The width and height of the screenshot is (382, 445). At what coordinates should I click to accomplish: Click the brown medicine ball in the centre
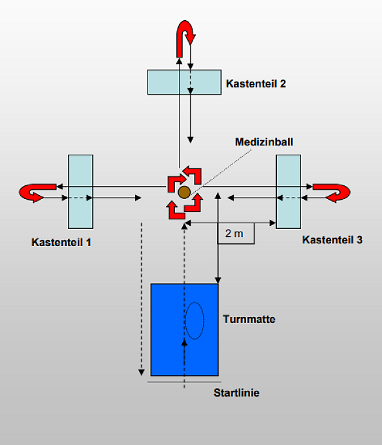tap(184, 192)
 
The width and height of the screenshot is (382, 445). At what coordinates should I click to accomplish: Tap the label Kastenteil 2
tap(256, 84)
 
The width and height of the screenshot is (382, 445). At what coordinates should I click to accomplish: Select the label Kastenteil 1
tap(61, 242)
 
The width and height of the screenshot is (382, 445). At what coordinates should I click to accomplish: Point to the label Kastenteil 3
tap(332, 240)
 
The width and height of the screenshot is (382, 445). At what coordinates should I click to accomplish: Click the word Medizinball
tap(264, 142)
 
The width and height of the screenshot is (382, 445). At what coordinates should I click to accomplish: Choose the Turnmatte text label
tap(249, 319)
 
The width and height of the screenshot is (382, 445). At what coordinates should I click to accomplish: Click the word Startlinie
tap(236, 393)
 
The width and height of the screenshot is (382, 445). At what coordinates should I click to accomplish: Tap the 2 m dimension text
tap(234, 234)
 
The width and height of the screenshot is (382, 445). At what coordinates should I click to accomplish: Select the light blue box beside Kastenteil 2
tap(185, 82)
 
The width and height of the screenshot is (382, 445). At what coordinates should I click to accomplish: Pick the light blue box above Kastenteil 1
tap(80, 192)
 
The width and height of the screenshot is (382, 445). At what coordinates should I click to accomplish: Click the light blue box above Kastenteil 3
tap(289, 192)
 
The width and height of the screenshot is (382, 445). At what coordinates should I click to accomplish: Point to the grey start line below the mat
tap(184, 382)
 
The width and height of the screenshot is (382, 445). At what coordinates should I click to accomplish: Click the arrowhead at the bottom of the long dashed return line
tap(141, 373)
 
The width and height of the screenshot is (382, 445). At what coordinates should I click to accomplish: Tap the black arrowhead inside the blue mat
tap(185, 343)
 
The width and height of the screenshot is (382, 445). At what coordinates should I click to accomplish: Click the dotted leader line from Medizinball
tap(221, 172)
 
